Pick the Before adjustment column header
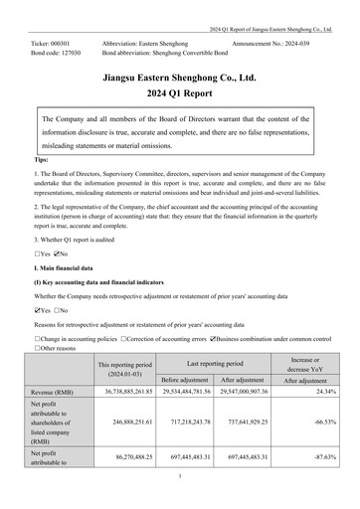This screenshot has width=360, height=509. [190, 380]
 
